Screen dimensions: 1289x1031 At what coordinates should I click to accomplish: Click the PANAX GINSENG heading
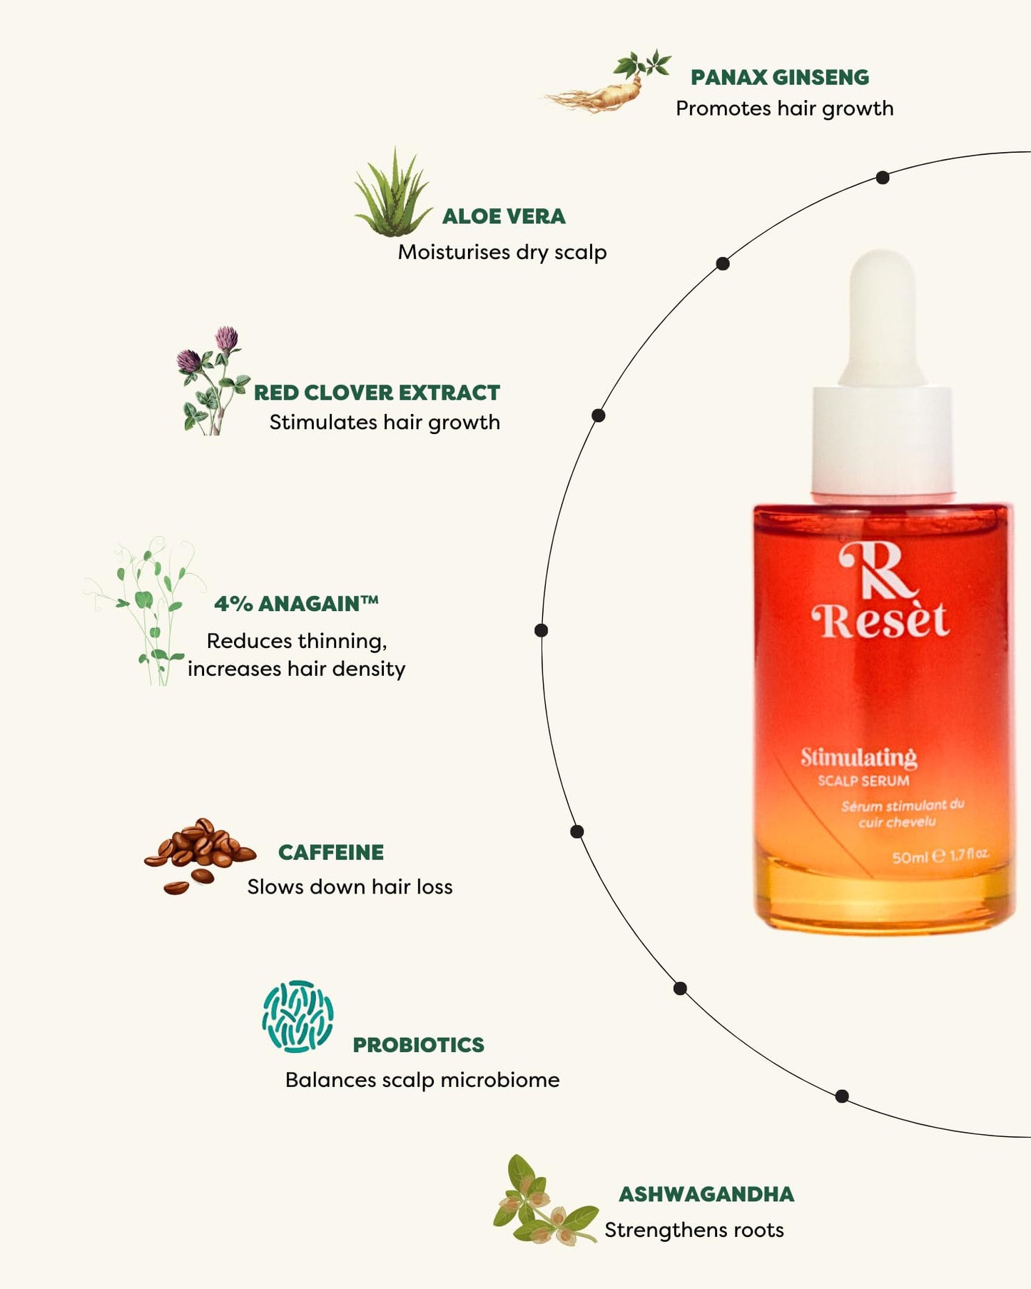[x=779, y=77]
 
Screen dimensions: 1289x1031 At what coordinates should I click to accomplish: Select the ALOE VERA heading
[x=504, y=216]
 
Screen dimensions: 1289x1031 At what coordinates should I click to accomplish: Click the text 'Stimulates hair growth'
[x=385, y=423]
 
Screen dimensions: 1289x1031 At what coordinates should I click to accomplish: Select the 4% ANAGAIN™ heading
[x=296, y=604]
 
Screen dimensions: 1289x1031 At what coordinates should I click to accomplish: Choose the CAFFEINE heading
[x=331, y=852]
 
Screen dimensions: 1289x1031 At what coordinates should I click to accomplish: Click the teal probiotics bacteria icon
[x=298, y=1016]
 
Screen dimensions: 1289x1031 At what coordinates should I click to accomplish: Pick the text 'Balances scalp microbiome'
[x=422, y=1080]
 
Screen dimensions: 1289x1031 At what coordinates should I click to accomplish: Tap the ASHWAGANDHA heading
[x=706, y=1194]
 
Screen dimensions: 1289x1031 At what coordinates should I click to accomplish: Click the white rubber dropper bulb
[x=883, y=314]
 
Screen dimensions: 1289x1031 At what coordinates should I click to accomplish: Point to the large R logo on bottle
[x=876, y=571]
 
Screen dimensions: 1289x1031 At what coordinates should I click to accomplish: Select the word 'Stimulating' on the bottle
[x=858, y=757]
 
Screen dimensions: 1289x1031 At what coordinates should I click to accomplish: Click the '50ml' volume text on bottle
[x=909, y=856]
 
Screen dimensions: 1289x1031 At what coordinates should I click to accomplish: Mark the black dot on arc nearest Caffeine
[x=577, y=831]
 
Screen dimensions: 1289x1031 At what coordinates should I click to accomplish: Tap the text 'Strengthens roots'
[x=694, y=1230]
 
